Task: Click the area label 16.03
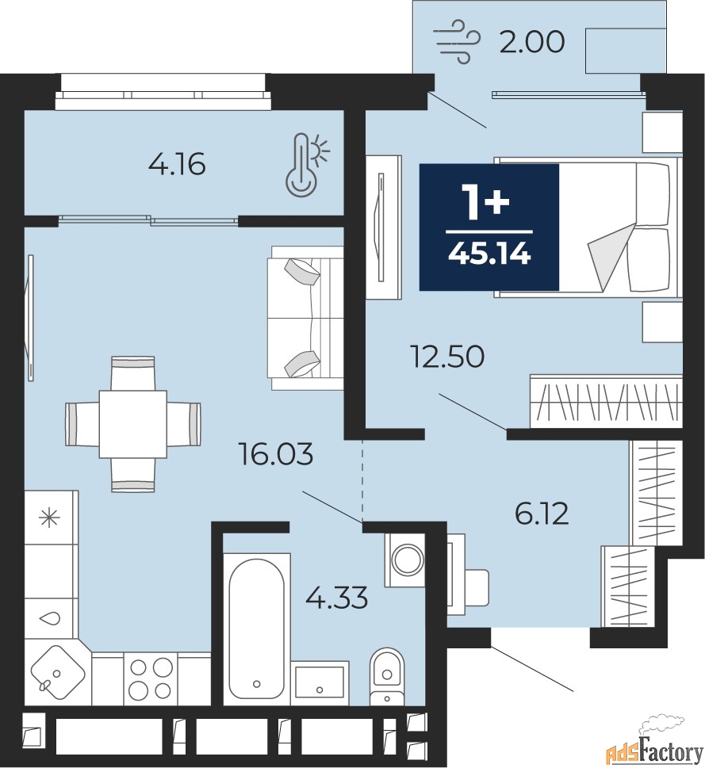click(275, 453)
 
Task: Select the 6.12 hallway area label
click(542, 514)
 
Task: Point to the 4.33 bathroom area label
click(336, 598)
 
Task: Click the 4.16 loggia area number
click(177, 164)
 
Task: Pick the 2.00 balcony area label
click(531, 42)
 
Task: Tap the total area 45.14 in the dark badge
click(489, 254)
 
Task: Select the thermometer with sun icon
click(307, 165)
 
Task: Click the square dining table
click(132, 424)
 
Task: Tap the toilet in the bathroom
click(386, 676)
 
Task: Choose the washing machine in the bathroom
click(405, 560)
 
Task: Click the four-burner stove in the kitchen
click(150, 678)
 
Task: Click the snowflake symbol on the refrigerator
click(49, 518)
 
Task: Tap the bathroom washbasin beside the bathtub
click(321, 683)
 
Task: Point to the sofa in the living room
click(305, 318)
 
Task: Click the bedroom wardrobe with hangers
click(606, 402)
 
